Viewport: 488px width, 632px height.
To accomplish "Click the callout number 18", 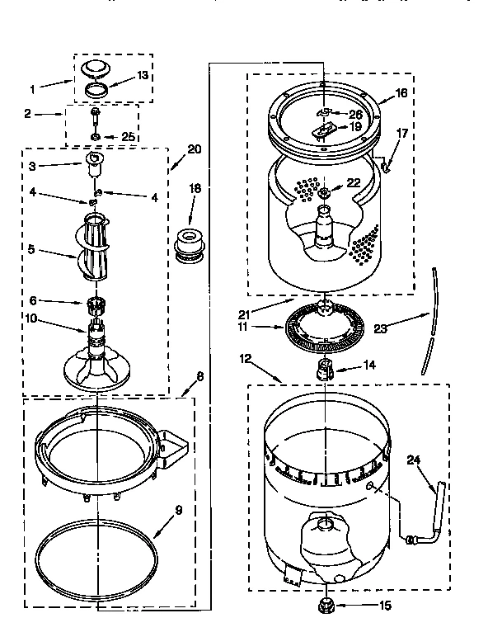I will click(x=195, y=189).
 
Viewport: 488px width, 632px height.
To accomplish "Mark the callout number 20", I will click(x=194, y=149).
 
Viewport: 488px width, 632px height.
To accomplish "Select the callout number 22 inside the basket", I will click(x=353, y=183).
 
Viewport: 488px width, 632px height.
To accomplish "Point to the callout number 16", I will click(x=401, y=93).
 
